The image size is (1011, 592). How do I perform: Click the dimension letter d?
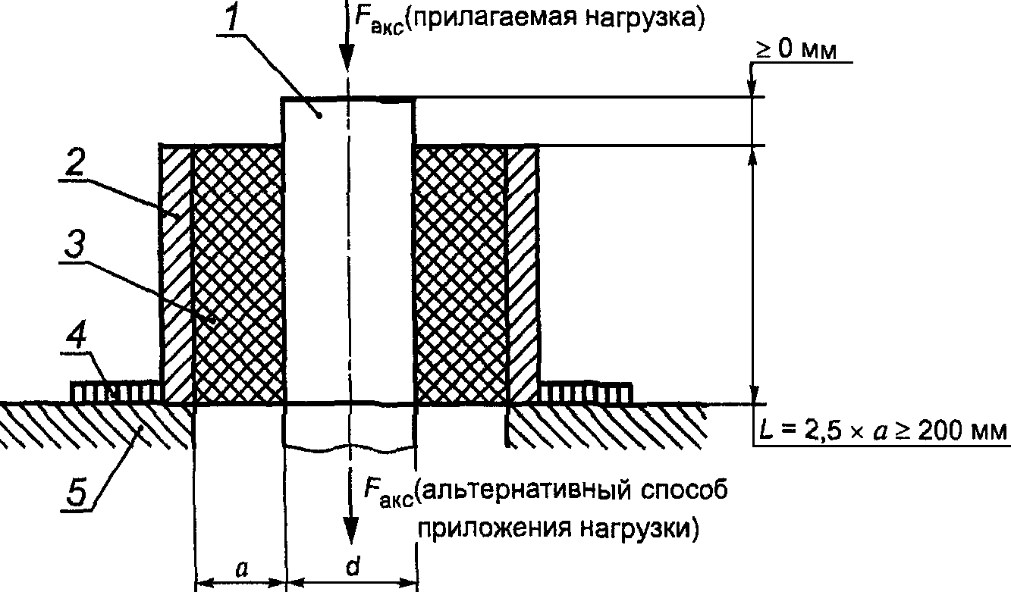(352, 569)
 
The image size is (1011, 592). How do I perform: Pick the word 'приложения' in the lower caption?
(488, 527)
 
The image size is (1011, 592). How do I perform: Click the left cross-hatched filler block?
(238, 274)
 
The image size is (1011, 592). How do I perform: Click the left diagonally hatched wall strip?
(177, 274)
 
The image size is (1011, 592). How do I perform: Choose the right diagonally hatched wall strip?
(522, 274)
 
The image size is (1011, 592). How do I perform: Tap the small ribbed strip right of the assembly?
(585, 393)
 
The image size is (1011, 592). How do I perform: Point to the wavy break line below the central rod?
(349, 449)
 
